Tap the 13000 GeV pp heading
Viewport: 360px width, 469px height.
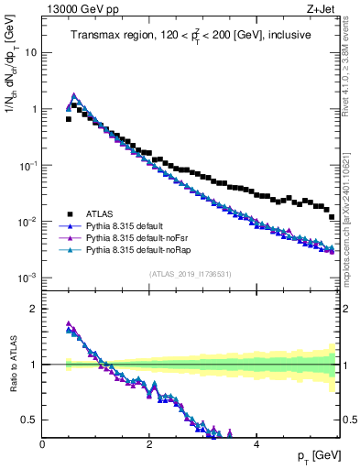(x=82, y=10)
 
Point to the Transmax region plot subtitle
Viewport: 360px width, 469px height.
(x=191, y=35)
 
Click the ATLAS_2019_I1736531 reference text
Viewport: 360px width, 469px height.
(x=191, y=274)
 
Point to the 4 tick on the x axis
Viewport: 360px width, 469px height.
(x=256, y=443)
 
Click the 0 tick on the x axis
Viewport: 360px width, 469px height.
(x=42, y=443)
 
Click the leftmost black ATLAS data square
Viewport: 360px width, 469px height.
(x=69, y=119)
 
